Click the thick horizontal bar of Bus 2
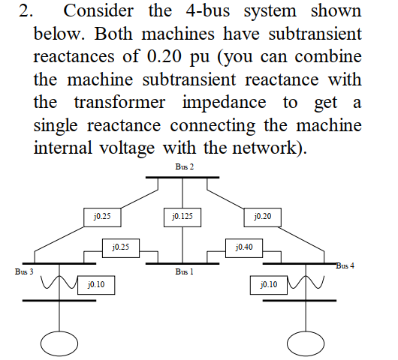[x=182, y=178]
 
